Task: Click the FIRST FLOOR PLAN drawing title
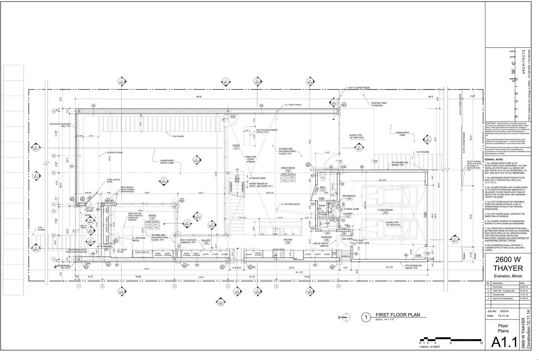[398, 315]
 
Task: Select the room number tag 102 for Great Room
[288, 171]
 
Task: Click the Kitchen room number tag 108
[288, 243]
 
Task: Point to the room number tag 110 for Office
[152, 218]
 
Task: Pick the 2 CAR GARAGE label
[385, 210]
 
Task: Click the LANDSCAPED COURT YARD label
[167, 162]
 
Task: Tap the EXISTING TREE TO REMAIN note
[379, 104]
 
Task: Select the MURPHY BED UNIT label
[142, 252]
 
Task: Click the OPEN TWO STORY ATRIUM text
[250, 159]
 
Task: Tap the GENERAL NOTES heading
[494, 159]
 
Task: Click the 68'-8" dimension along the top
[199, 97]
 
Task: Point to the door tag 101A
[232, 117]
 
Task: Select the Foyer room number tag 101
[236, 148]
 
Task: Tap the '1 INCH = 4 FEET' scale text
[430, 347]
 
